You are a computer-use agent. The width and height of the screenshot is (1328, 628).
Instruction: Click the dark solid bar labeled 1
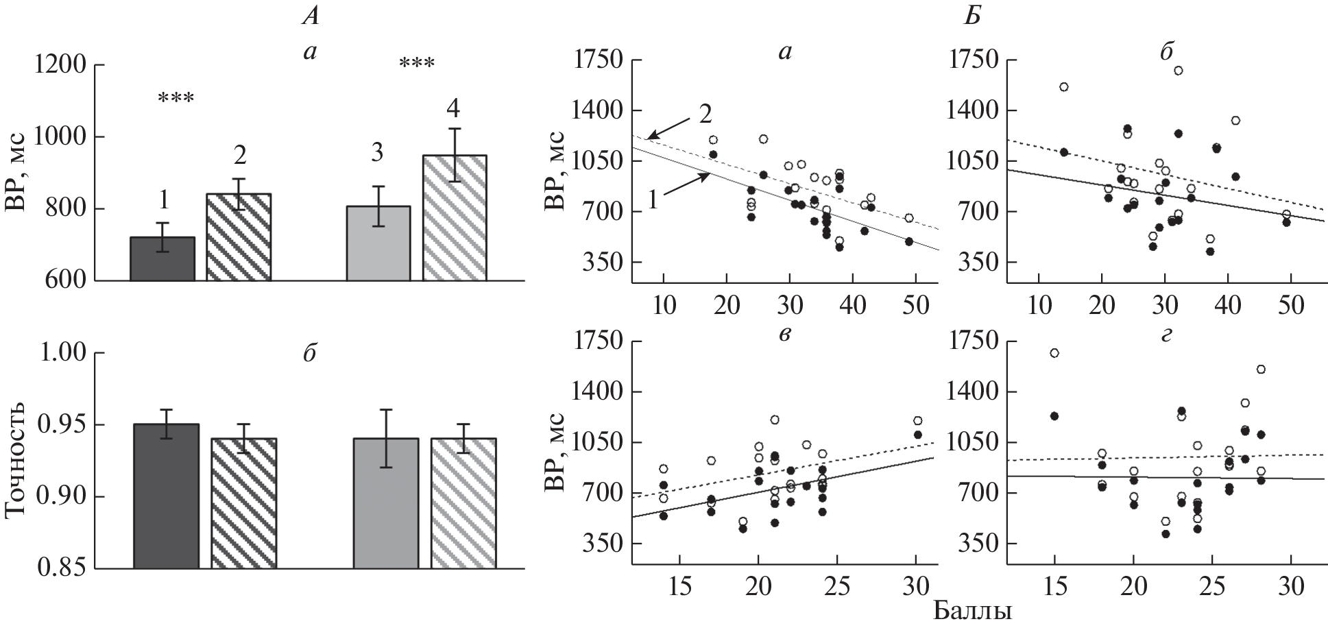(x=162, y=258)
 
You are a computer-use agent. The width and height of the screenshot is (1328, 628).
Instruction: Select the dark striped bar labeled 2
(x=239, y=237)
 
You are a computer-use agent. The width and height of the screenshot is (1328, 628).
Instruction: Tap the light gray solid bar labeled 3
(x=378, y=243)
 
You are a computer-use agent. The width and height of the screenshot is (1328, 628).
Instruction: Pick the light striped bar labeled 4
(x=455, y=218)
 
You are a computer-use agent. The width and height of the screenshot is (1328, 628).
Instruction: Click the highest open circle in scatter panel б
(x=1179, y=70)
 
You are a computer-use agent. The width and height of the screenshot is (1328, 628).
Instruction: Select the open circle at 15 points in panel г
(x=1054, y=353)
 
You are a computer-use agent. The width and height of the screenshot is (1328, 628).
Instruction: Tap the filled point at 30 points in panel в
(x=917, y=434)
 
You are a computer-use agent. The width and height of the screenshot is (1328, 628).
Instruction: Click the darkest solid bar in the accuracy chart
(x=166, y=496)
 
